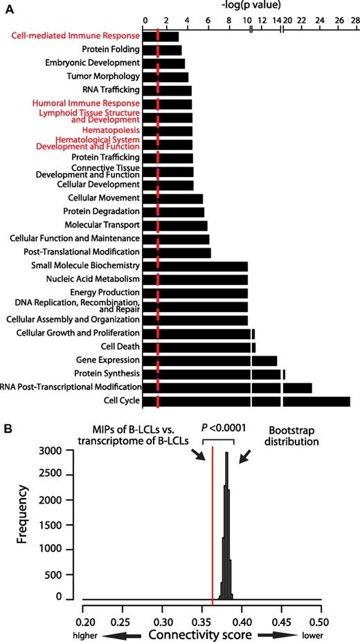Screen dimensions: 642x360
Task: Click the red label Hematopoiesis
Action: pyautogui.click(x=111, y=129)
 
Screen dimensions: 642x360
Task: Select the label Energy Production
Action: pyautogui.click(x=106, y=293)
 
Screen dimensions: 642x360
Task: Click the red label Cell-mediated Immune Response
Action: pyautogui.click(x=75, y=35)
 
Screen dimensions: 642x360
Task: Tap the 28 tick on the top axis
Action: pyautogui.click(x=354, y=20)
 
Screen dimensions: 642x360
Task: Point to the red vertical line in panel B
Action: pyautogui.click(x=212, y=526)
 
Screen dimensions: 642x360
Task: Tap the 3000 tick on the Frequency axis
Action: pyautogui.click(x=62, y=450)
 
